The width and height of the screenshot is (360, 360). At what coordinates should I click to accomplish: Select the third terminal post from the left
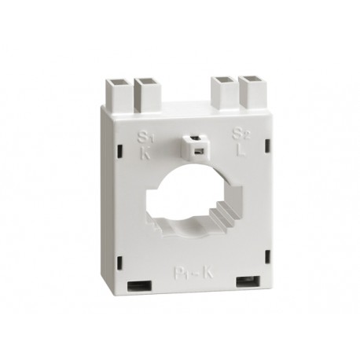224,92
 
